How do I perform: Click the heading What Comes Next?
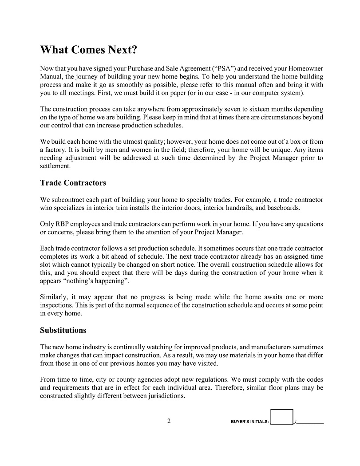pos(88,50)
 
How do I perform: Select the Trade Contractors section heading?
pos(73,183)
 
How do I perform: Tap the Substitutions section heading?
pos(63,330)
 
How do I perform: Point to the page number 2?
pos(169,421)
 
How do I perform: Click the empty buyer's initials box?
pos(282,417)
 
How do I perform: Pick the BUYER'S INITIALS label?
pos(249,422)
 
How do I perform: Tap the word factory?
pos(55,150)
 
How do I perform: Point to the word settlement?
pos(55,166)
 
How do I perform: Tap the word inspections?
pos(57,305)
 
